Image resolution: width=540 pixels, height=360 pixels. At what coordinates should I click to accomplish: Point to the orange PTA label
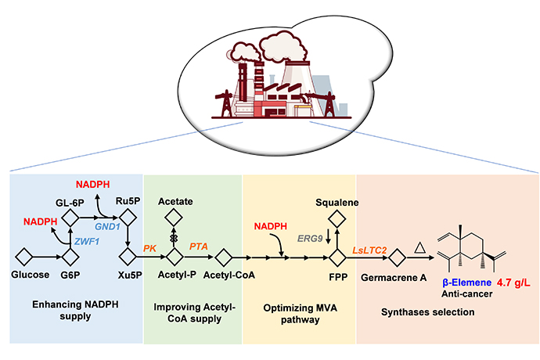199,247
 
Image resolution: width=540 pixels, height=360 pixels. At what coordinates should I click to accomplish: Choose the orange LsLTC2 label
368,248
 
